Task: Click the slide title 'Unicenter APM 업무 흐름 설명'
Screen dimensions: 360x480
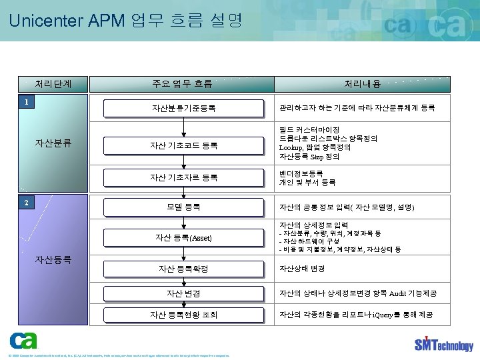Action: coord(126,21)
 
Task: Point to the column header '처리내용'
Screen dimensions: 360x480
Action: coord(363,84)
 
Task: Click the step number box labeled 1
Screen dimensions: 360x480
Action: coord(25,102)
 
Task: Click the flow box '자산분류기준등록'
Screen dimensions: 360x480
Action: coord(183,107)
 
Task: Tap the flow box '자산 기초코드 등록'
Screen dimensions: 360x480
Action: coord(183,145)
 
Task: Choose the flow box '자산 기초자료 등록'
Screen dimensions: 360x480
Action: coord(183,177)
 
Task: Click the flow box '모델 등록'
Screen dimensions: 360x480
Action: coord(183,207)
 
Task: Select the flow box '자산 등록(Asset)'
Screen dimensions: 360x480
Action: coord(183,237)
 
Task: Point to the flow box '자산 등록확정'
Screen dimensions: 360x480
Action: coord(183,269)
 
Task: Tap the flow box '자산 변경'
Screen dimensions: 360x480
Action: coord(183,293)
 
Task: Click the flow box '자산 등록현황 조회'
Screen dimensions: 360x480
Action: coord(183,315)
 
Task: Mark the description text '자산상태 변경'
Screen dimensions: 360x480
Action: coord(302,269)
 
